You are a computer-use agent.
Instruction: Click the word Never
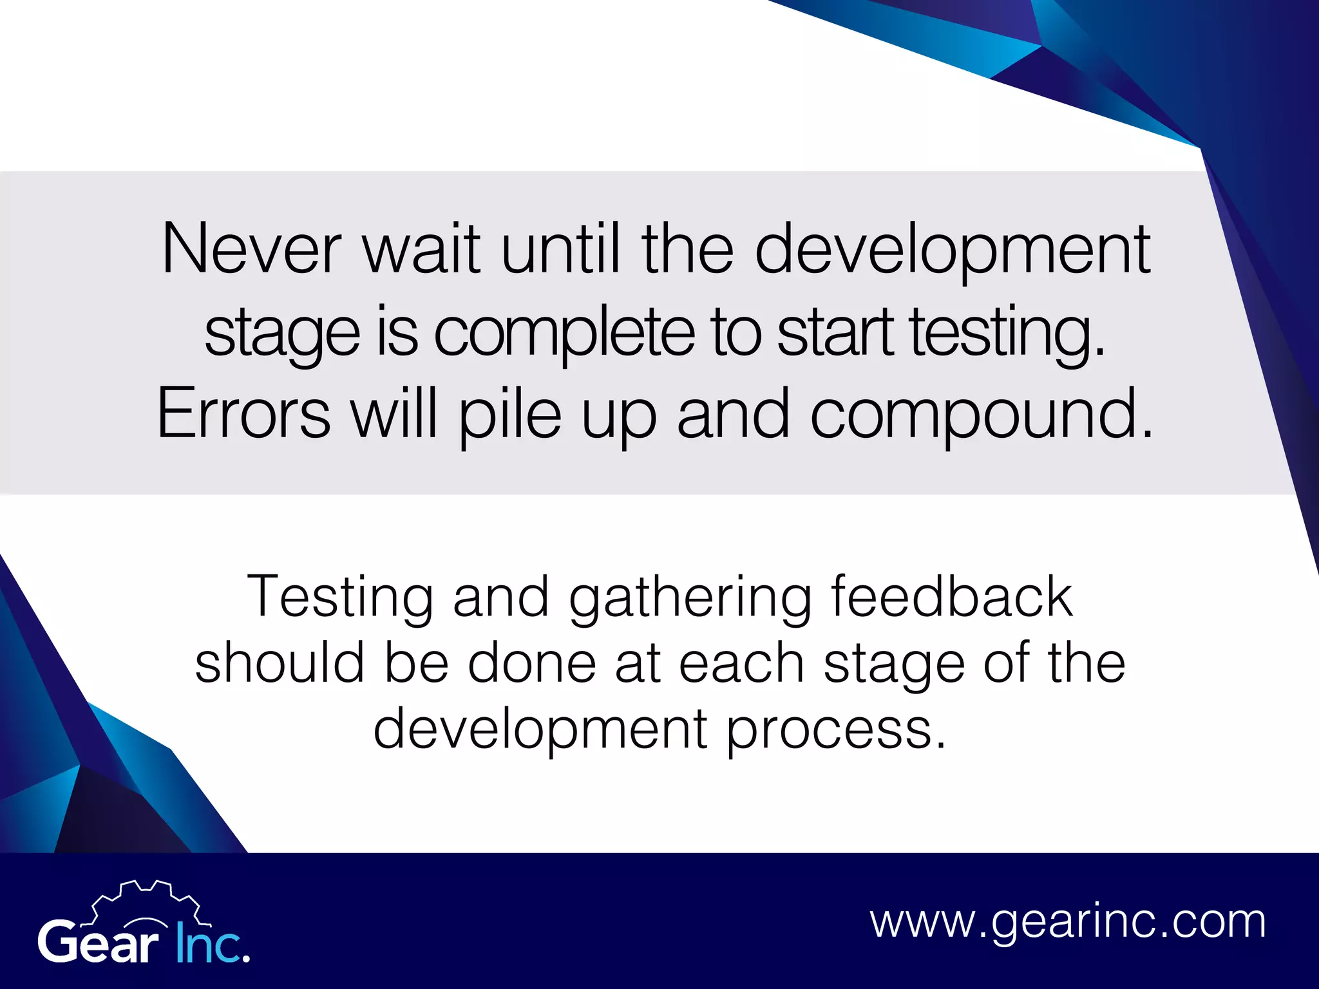251,250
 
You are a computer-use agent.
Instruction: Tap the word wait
422,250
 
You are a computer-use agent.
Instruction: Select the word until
560,250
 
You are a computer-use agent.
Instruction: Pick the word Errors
243,415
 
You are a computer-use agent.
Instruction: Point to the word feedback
952,598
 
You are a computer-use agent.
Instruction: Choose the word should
280,663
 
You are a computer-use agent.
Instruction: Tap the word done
532,663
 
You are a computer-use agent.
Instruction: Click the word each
741,663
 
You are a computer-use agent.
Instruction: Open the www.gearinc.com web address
1068,922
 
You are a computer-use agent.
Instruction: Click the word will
394,415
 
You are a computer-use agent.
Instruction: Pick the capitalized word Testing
339,598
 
